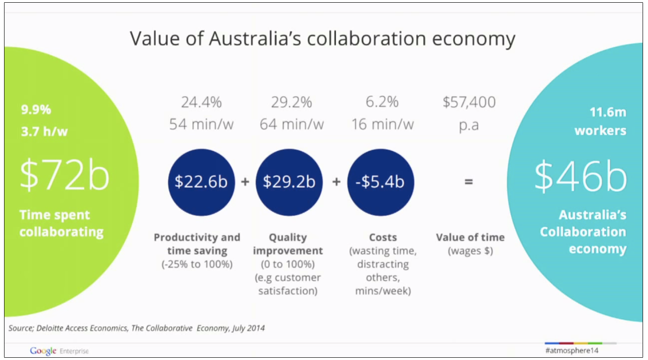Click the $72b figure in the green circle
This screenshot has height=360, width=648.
point(64,175)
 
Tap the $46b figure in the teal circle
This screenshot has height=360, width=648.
point(580,176)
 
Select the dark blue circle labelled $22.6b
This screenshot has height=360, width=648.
point(201,182)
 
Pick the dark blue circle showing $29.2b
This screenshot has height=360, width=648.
point(289,182)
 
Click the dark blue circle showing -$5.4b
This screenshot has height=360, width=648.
point(380,182)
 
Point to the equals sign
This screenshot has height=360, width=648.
point(468,182)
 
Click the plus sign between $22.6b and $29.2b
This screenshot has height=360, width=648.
point(245,182)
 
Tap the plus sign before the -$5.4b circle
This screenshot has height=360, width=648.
point(336,182)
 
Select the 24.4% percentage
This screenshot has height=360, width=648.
point(201,102)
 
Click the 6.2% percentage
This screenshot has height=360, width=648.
point(382,102)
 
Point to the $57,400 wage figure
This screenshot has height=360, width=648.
point(469,102)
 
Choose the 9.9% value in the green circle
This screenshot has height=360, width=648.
point(36,110)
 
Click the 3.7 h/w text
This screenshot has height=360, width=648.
point(44,132)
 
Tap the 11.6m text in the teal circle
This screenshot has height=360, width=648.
point(608,112)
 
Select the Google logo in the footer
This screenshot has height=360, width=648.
point(43,351)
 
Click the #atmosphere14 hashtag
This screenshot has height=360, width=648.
point(571,351)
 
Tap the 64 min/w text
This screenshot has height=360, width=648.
point(292,125)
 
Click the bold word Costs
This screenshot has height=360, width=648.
point(383,237)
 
